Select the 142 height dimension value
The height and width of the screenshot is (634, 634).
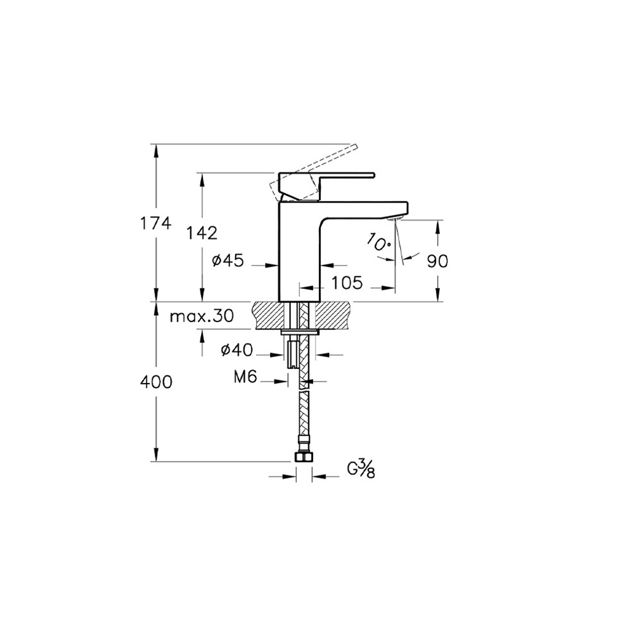click(202, 233)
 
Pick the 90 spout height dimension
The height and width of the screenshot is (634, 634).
click(437, 261)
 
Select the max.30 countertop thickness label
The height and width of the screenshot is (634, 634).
click(202, 316)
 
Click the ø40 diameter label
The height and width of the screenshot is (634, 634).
click(236, 349)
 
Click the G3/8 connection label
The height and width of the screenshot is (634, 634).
click(360, 470)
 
